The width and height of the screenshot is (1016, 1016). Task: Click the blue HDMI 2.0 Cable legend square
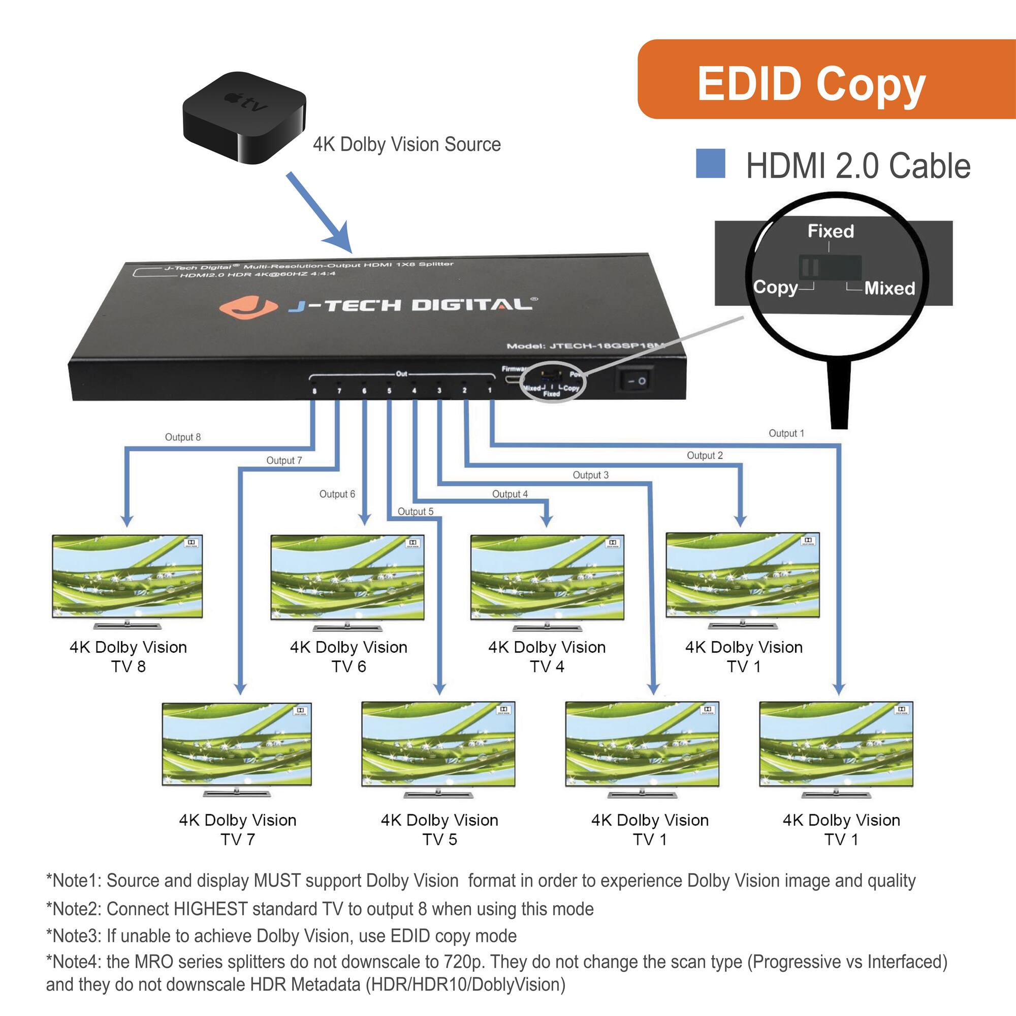coord(710,164)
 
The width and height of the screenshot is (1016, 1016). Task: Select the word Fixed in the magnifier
coord(831,231)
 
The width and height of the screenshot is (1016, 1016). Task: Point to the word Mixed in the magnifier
coord(890,288)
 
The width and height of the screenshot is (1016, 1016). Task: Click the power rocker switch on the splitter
coord(634,379)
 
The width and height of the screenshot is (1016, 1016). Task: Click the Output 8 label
coord(182,437)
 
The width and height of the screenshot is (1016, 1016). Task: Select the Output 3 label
coord(590,475)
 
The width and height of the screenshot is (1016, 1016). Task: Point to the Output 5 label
coord(415,511)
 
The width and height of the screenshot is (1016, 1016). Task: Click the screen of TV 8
coord(128,577)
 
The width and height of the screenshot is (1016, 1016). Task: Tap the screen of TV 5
coord(438,744)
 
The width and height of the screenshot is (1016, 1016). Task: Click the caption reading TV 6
coord(348,667)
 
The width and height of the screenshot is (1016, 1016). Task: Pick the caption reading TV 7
coord(238,839)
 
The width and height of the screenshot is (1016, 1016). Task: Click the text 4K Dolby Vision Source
coord(406,144)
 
